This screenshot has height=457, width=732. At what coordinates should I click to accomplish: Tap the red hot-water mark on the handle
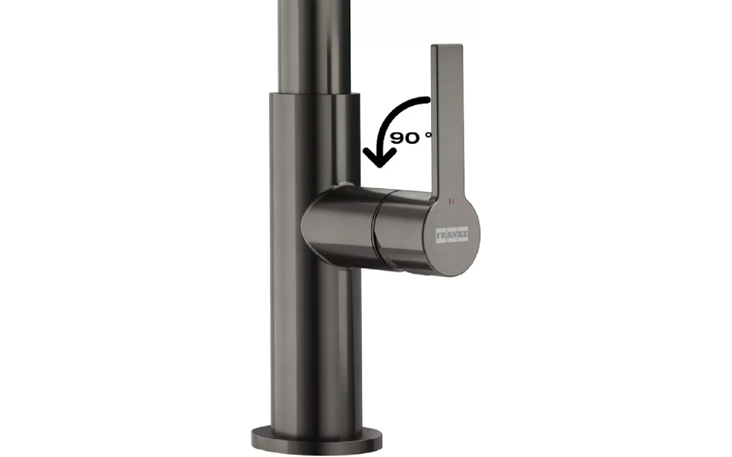[453, 201]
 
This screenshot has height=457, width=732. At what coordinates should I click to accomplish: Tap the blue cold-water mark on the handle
[450, 201]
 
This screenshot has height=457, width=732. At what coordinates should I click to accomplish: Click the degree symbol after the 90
[430, 135]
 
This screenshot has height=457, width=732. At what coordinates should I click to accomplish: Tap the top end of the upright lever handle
[447, 46]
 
